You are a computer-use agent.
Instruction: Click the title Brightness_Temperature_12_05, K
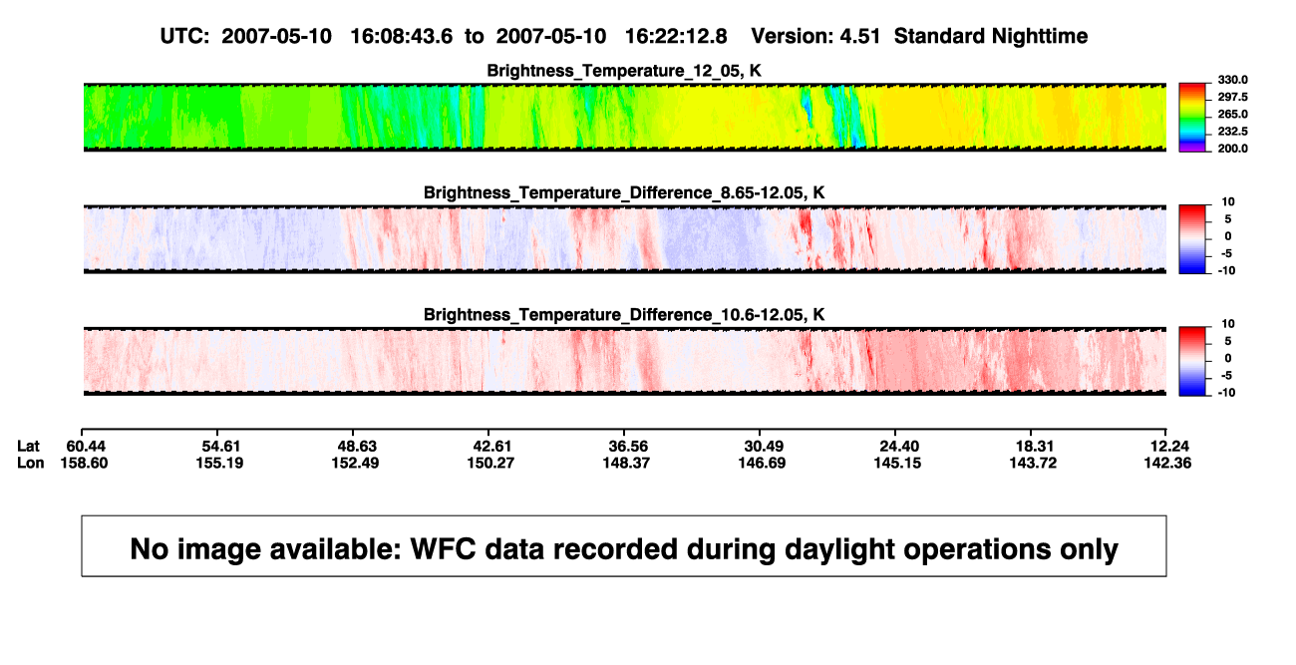point(624,71)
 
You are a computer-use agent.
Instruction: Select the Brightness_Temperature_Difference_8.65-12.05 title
point(624,192)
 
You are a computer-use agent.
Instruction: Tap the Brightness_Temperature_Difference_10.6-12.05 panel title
point(624,315)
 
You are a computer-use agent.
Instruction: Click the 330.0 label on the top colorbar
point(1232,80)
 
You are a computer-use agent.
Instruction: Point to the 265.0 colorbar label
point(1232,114)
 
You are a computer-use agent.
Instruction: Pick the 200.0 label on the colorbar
point(1232,149)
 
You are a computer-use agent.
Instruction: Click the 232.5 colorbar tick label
point(1232,132)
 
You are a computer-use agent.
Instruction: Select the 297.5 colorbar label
point(1232,97)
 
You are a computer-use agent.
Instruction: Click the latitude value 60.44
point(86,447)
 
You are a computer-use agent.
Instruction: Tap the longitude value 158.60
point(84,463)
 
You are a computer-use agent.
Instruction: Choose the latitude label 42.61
point(492,447)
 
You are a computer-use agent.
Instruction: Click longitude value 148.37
point(626,463)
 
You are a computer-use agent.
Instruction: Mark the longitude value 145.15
point(897,463)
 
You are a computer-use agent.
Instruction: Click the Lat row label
point(28,447)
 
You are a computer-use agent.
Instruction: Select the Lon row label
point(30,463)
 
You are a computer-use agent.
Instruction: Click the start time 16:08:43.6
point(402,37)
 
